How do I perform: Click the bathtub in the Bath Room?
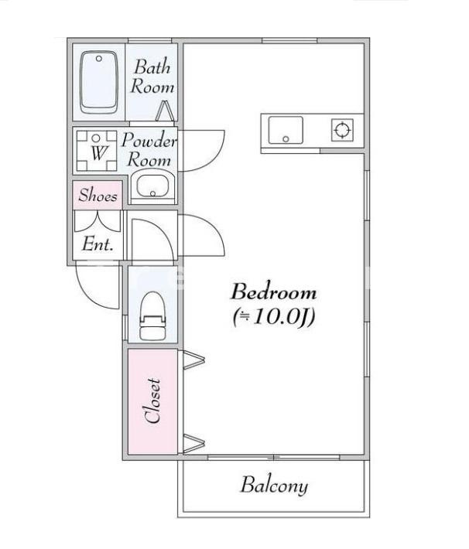[98, 82]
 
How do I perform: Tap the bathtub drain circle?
[99, 59]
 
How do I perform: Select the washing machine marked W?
[97, 151]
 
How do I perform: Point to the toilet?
[152, 315]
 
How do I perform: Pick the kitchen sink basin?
[286, 130]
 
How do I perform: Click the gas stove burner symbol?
[342, 130]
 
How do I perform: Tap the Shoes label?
[98, 195]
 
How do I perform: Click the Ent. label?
[98, 244]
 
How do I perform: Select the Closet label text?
[152, 401]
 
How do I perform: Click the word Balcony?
[274, 486]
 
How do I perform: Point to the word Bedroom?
[273, 292]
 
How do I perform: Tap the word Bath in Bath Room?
[152, 66]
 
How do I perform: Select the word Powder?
[149, 140]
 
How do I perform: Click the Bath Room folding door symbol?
[165, 111]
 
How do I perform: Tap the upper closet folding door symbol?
[193, 360]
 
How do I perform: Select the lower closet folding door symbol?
[193, 443]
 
